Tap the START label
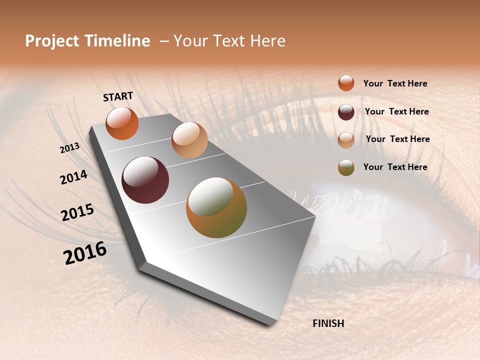click(x=118, y=96)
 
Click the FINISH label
click(x=328, y=323)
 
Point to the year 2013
click(x=69, y=148)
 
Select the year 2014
click(x=73, y=177)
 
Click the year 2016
click(x=85, y=253)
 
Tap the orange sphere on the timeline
click(x=122, y=123)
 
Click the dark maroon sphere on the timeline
click(x=145, y=180)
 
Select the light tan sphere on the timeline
click(x=189, y=140)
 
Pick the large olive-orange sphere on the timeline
click(x=216, y=207)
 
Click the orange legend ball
click(x=346, y=83)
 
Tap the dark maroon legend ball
click(x=346, y=112)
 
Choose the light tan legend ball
click(x=346, y=139)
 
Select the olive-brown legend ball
click(x=346, y=167)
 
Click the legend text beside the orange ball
click(x=395, y=83)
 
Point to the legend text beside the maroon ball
click(x=396, y=111)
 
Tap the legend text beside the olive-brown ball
click(x=395, y=167)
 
